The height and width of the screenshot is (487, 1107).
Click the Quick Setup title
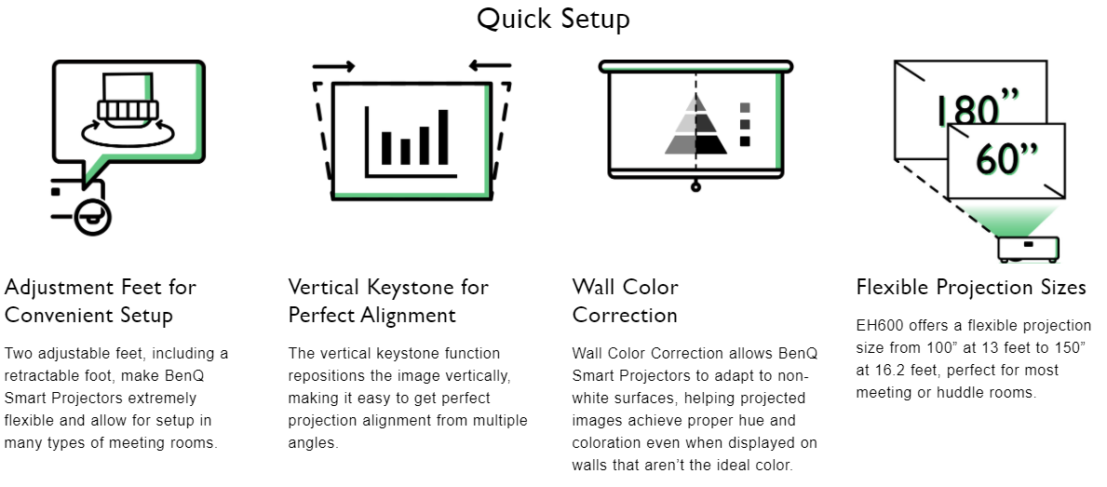553,19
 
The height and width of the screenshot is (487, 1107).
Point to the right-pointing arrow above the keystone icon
333,66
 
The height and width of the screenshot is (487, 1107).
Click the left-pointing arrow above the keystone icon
490,66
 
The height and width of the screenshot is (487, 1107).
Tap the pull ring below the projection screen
695,187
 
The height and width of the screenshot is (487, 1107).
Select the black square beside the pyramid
744,142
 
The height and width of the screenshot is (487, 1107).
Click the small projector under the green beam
1027,248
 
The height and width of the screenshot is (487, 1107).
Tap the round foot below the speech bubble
93,217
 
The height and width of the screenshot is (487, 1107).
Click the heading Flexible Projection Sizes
971,287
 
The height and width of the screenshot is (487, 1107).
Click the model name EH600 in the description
878,326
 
